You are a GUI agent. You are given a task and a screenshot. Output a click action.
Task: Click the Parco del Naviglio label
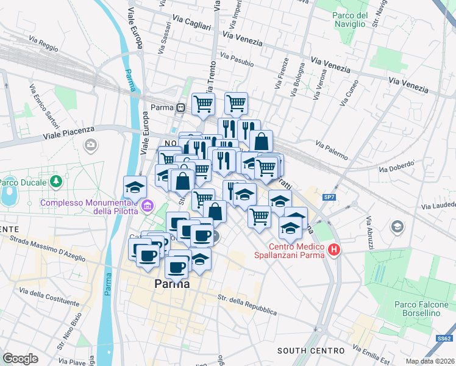[350, 20]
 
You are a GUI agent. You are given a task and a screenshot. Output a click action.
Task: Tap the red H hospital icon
[334, 249]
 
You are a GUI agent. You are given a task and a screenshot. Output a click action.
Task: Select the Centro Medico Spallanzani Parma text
[288, 249]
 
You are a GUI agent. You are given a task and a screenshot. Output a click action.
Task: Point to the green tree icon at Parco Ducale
[56, 182]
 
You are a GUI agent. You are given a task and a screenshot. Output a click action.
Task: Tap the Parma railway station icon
[181, 108]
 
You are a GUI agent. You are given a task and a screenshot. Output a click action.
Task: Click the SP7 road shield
[329, 197]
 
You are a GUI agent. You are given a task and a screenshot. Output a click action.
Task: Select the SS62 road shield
[443, 338]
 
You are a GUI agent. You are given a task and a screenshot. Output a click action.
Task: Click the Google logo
[20, 359]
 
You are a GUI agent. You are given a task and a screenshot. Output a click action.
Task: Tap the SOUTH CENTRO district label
[311, 351]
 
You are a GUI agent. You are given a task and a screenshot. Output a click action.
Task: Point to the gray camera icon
[91, 145]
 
